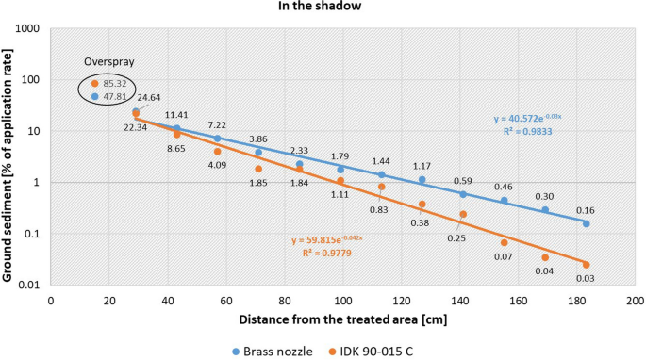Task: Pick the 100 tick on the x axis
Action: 342,299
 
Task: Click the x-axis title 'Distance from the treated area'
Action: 344,318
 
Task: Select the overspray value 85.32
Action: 116,84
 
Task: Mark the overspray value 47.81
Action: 116,96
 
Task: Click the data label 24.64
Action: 149,97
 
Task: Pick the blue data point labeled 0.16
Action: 586,223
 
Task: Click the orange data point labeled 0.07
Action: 504,242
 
